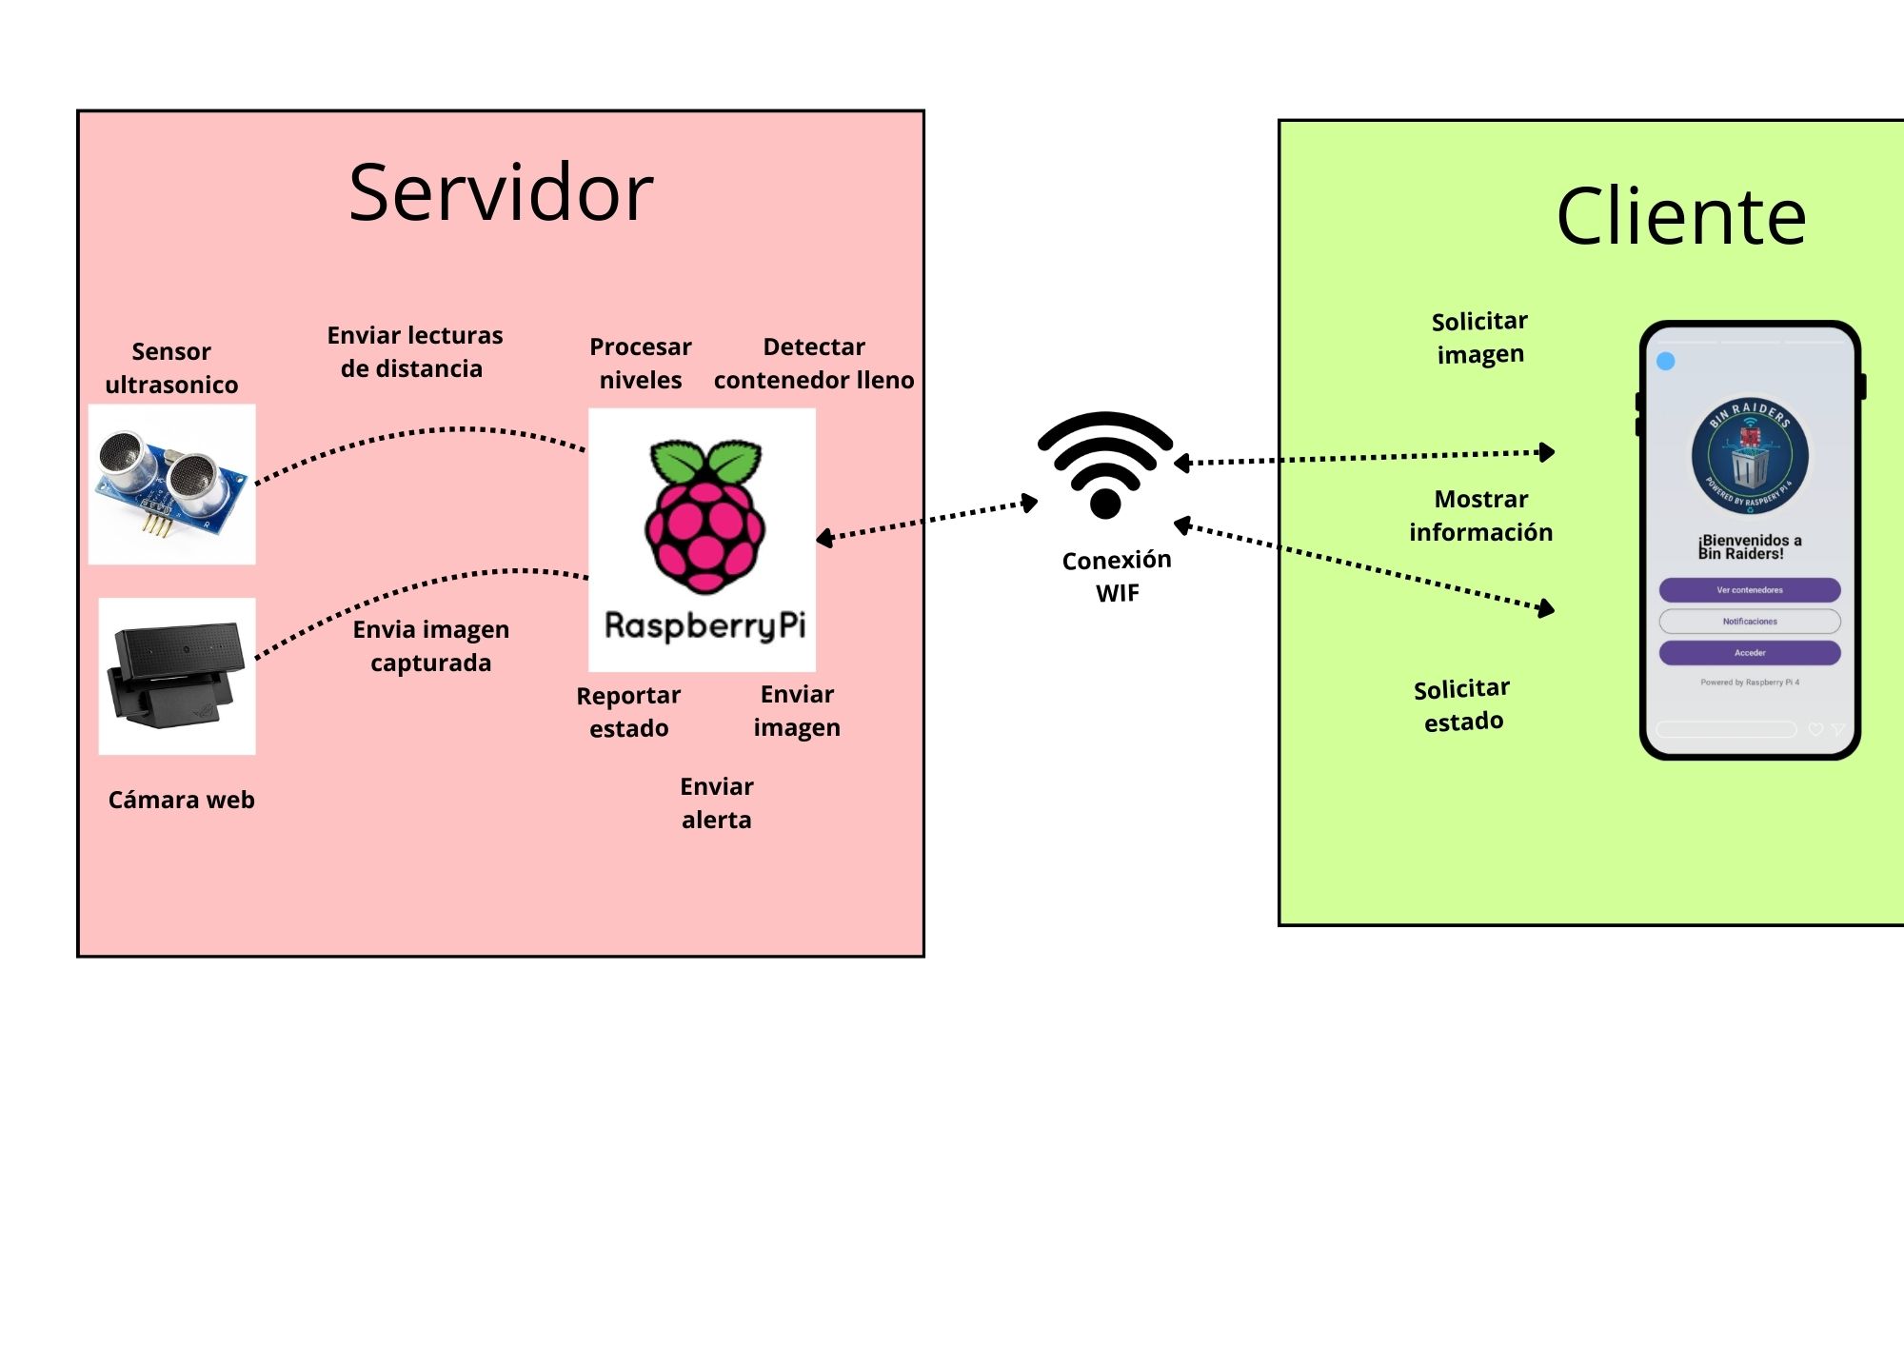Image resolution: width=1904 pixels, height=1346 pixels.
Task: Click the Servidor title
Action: click(501, 193)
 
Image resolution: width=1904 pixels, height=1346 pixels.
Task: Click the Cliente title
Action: click(1680, 217)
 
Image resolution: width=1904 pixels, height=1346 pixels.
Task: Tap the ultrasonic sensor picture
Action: click(172, 484)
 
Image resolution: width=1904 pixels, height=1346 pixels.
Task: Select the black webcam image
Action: click(177, 676)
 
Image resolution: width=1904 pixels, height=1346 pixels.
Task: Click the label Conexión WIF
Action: click(1117, 576)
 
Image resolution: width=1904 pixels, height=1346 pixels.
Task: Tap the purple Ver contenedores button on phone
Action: click(1749, 590)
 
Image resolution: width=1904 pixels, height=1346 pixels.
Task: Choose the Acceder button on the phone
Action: click(1749, 653)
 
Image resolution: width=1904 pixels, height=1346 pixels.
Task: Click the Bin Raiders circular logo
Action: click(1749, 456)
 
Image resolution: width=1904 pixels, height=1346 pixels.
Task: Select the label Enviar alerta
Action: click(717, 803)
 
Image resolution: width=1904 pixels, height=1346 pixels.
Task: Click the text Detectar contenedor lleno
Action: click(814, 364)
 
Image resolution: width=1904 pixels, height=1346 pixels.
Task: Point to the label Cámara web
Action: click(181, 800)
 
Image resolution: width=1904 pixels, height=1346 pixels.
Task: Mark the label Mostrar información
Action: click(1480, 516)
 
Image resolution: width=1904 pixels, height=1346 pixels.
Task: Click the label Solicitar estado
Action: click(1462, 705)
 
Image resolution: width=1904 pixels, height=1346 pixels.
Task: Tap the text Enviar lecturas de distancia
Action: click(414, 352)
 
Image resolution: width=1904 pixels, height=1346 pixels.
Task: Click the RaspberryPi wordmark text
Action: click(704, 625)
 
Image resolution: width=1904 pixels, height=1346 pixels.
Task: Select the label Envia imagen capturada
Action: click(430, 646)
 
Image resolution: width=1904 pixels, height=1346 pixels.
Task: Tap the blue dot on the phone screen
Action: click(1666, 361)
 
